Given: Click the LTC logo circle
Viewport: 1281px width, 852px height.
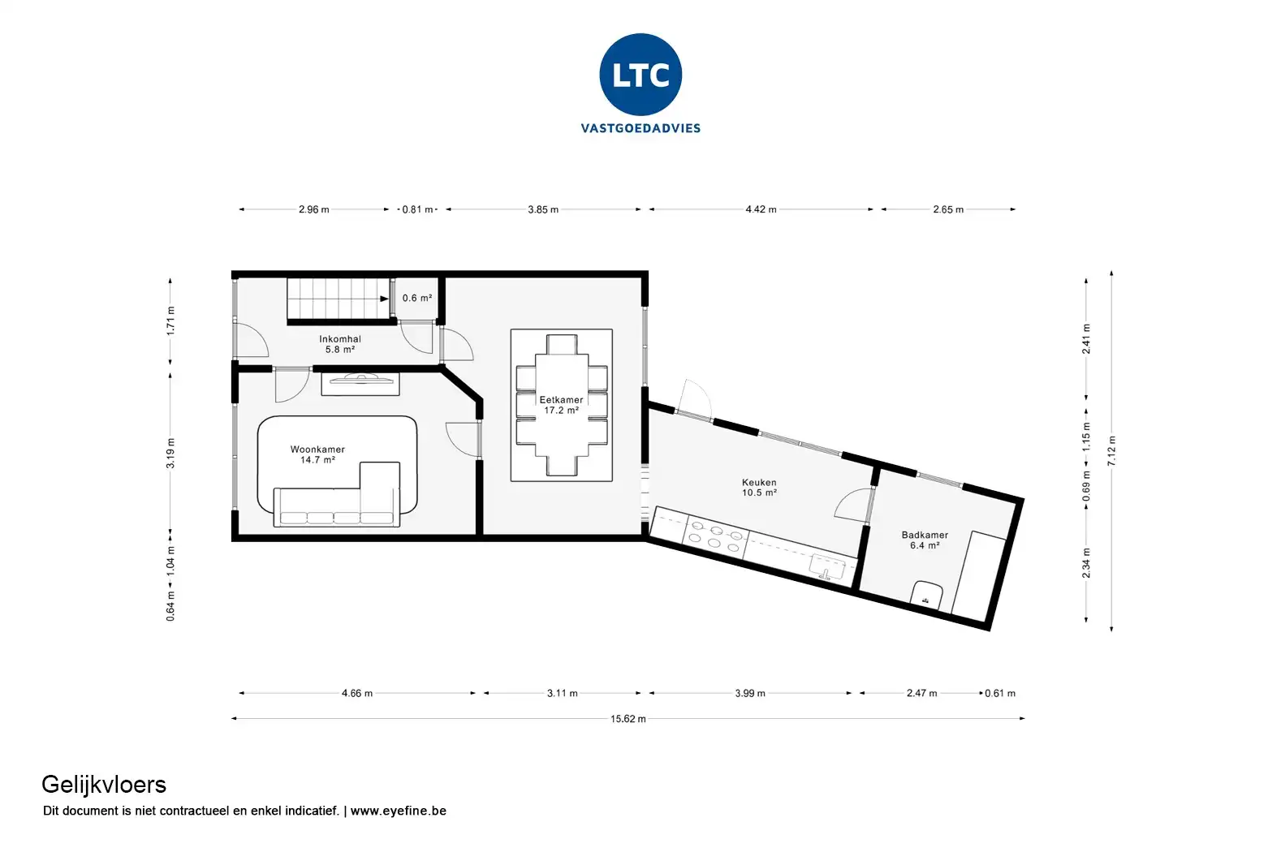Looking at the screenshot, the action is (640, 75).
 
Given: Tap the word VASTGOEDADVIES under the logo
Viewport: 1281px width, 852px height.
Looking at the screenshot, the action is (640, 128).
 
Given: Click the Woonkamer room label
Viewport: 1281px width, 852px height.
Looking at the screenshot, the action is (317, 454).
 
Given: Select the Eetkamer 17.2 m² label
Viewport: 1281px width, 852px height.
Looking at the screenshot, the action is (561, 405).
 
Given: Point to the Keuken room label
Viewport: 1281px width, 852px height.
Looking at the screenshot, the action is (759, 487).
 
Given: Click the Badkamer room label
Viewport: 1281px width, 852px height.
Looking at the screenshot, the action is (925, 540).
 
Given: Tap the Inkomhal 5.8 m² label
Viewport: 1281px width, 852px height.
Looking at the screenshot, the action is (339, 344).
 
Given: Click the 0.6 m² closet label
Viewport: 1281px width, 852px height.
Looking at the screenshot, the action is (417, 298).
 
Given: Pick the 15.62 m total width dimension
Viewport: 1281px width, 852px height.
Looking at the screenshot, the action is (628, 719).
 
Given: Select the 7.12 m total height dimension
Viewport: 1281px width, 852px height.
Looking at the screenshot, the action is (1111, 450).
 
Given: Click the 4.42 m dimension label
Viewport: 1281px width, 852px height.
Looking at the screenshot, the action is (761, 209).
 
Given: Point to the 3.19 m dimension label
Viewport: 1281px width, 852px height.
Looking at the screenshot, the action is (170, 454).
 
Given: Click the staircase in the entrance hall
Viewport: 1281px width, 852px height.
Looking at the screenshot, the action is (339, 299).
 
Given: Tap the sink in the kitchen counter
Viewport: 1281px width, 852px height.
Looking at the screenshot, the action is (827, 568).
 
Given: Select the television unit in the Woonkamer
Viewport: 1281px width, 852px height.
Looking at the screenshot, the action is (360, 384).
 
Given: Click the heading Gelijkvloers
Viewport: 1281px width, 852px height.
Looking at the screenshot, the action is (104, 785).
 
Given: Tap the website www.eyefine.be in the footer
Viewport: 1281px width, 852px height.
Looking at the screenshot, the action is (398, 811).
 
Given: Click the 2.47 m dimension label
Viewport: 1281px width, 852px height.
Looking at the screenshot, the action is (921, 693).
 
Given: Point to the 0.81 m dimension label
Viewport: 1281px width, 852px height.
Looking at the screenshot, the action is (417, 209).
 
